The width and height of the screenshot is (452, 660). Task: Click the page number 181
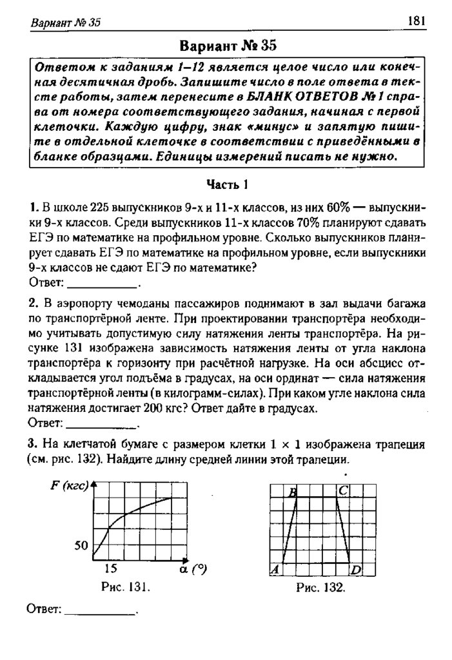(416, 21)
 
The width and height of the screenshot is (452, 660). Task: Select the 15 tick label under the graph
(110, 568)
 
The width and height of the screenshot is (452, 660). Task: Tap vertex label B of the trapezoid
(293, 492)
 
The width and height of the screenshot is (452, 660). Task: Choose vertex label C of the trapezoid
(342, 491)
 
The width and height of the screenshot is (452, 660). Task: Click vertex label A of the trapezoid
(273, 569)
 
